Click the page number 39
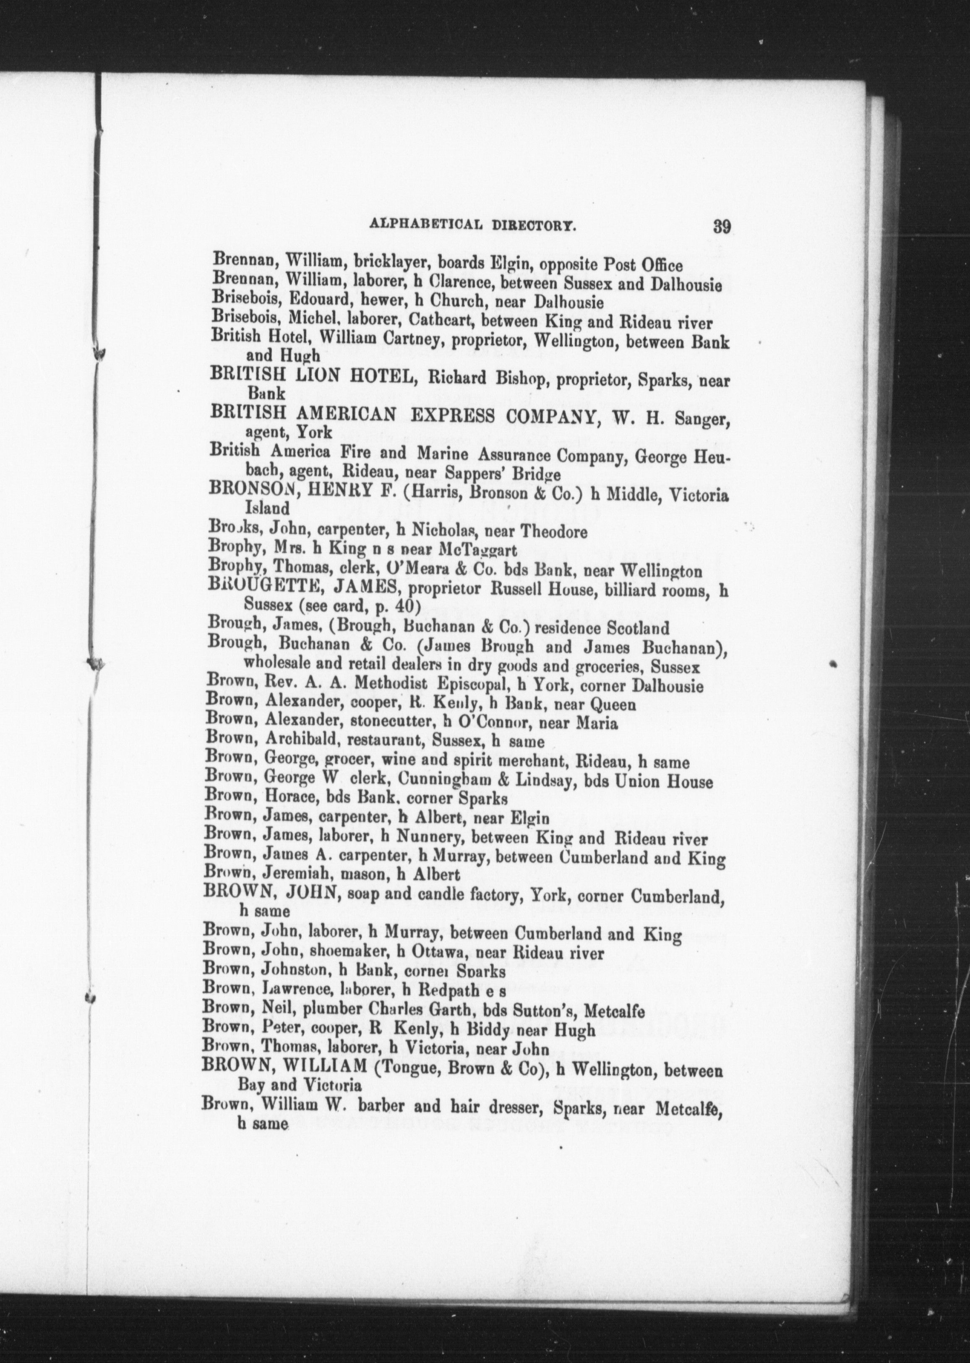[x=722, y=227]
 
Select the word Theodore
[x=554, y=531]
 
